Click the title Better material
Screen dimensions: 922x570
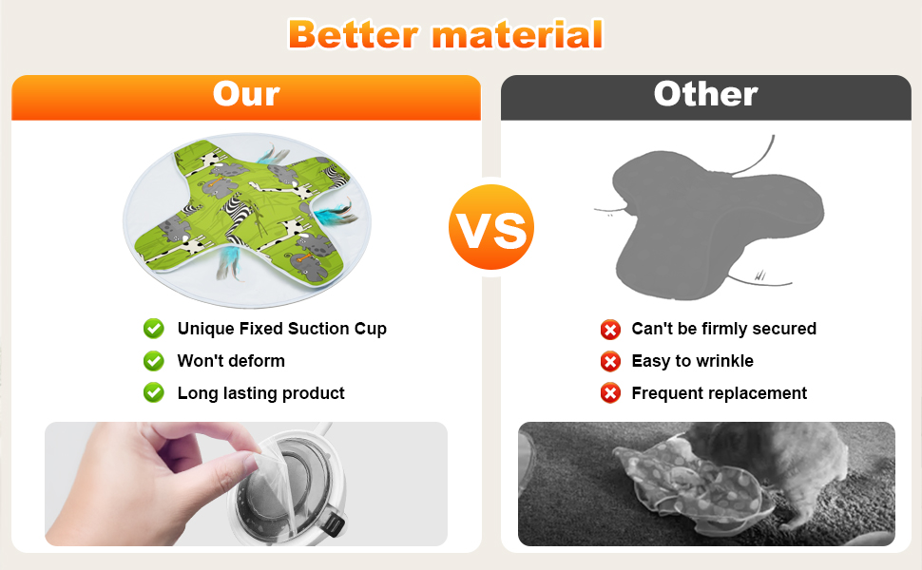pos(445,34)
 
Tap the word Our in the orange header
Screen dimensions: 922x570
pos(246,94)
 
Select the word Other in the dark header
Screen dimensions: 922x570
pos(705,94)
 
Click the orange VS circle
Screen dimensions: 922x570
pos(491,227)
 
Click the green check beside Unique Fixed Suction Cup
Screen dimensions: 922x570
pos(154,329)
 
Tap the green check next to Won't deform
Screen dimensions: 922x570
pos(154,361)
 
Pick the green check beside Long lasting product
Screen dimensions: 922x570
pos(154,392)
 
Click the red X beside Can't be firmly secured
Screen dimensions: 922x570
pos(610,330)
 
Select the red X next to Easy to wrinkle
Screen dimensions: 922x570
pos(610,361)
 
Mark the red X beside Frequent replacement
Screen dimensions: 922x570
pos(610,393)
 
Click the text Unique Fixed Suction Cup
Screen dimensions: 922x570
pos(282,329)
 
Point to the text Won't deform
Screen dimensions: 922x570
pos(231,361)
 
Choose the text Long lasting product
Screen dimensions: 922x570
pos(261,393)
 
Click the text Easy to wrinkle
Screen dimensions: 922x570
pos(692,361)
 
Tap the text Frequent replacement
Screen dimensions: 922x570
pos(720,393)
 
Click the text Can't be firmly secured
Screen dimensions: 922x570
pos(724,329)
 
